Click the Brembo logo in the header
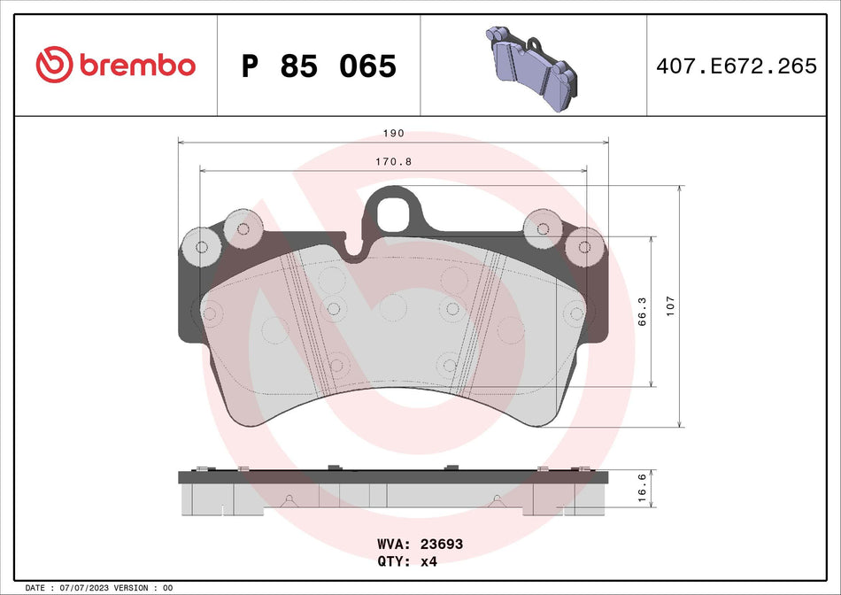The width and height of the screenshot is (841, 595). (115, 65)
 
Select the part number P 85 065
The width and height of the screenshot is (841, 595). (319, 66)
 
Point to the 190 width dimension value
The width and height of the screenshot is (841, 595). (394, 133)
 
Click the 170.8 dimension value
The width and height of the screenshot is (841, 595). (394, 162)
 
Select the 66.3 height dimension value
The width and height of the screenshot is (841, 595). (644, 312)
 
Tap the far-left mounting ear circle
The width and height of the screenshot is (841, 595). (201, 247)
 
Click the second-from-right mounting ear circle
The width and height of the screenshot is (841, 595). (542, 229)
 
